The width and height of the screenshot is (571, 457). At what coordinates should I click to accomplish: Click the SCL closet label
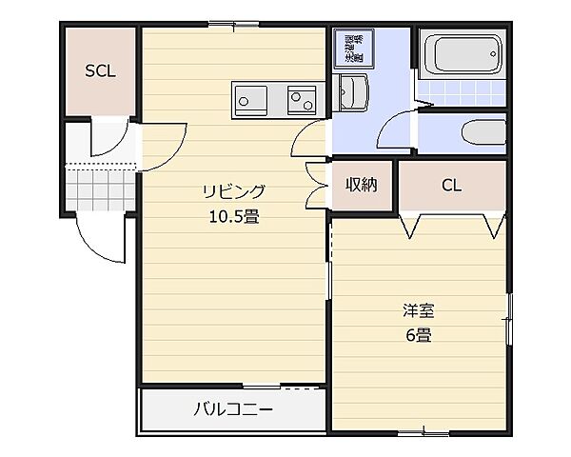tap(100, 71)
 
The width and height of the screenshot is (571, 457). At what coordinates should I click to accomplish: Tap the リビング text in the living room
tap(232, 190)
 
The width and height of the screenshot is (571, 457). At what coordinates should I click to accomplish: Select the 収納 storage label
tap(361, 185)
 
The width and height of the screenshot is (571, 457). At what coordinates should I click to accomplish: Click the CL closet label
tap(451, 186)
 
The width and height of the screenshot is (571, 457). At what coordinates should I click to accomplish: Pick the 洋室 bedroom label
tap(417, 310)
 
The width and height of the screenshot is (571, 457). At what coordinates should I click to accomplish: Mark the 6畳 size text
tap(417, 335)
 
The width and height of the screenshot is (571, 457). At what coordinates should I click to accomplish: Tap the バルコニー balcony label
tap(233, 410)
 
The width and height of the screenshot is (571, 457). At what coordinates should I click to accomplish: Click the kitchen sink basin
tap(251, 97)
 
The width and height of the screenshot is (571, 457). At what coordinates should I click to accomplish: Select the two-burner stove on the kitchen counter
tap(303, 97)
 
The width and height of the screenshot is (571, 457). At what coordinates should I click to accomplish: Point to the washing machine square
tap(353, 49)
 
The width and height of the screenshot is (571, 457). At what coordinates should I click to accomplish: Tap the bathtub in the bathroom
tap(462, 54)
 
